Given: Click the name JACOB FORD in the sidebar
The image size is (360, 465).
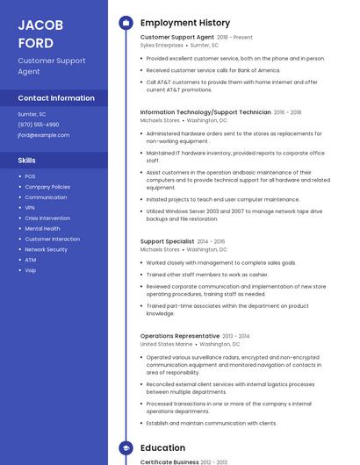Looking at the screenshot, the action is tap(40, 32).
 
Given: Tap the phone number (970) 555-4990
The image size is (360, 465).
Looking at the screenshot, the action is tap(39, 125).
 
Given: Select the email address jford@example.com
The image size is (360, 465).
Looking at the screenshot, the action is tap(44, 135).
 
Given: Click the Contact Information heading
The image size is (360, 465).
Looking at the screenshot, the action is tap(56, 98).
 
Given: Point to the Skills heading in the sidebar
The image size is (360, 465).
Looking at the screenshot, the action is tap(27, 161).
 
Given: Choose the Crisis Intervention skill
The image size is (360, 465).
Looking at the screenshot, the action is tap(47, 218).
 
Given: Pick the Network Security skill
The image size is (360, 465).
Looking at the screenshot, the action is tap(46, 249).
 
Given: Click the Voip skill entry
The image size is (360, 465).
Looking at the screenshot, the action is tap(31, 270).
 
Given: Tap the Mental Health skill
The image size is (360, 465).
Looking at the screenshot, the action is tap(42, 228).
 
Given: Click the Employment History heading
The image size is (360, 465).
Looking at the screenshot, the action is tap(185, 23).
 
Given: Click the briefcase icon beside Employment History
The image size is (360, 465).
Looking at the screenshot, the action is tap(126, 23).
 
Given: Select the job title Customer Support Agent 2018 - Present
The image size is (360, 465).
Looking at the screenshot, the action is tap(196, 37).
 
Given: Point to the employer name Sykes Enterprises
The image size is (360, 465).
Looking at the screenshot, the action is tap(162, 45).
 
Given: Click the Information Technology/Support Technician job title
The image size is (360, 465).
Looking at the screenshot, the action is tap(205, 112).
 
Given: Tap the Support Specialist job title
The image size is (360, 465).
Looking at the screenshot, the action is tap(167, 241).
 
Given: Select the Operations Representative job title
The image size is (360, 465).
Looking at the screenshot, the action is tap(180, 336).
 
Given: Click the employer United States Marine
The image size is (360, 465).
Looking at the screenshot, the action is tap(166, 344).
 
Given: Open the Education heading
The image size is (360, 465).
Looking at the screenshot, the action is tap(162, 447).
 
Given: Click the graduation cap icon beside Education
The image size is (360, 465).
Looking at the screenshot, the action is tap(126, 447).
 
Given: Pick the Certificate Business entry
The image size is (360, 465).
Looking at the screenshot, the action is tap(169, 461).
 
